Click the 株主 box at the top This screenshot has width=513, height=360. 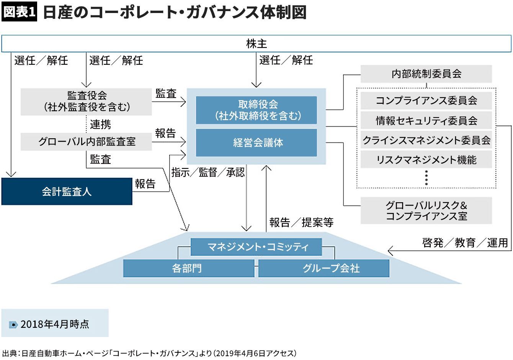256,44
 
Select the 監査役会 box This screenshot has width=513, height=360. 87,101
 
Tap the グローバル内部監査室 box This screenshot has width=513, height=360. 87,141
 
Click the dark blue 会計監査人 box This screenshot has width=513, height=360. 67,191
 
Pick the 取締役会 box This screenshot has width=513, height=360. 256,110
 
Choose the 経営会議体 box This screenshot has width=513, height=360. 256,143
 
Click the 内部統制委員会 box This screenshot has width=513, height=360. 426,74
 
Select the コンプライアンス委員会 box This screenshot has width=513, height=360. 426,101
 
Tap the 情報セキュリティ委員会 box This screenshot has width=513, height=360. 426,121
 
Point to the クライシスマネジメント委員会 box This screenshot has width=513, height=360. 426,140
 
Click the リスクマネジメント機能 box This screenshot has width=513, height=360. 426,160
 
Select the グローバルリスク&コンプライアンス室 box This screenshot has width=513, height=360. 426,211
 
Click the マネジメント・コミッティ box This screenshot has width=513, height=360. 256,247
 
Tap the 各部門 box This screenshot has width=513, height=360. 188,268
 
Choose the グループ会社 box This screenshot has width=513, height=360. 324,268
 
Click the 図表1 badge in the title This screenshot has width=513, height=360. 19,12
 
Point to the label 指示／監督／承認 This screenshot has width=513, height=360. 208,173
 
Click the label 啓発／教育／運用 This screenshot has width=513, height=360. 465,242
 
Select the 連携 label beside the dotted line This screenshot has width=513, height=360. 100,124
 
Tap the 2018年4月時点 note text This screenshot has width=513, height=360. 54,324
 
